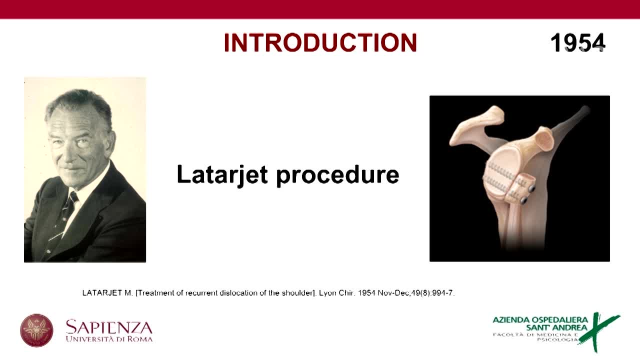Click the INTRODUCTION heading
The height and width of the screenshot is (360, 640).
[320, 43]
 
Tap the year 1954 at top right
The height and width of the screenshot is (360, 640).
[577, 43]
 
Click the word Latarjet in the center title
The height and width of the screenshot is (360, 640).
[222, 174]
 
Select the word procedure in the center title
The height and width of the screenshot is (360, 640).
[337, 174]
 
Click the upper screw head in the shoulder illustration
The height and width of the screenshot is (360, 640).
[531, 188]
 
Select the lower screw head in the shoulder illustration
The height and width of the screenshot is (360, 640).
[524, 200]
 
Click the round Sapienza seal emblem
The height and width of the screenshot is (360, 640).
[36, 330]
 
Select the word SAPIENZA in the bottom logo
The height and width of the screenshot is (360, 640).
[109, 327]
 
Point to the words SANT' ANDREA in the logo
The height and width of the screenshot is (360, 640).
[556, 327]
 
